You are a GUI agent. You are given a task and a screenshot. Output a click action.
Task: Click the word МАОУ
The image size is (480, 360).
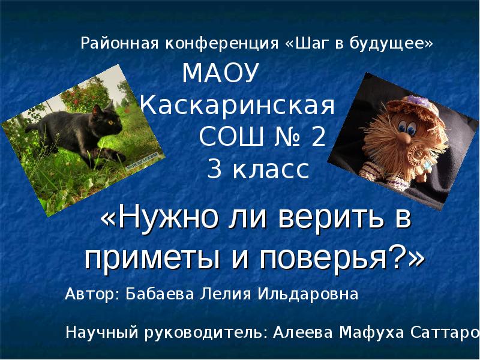pyautogui.click(x=220, y=74)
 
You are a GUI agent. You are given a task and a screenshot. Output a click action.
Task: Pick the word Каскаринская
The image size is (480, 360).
pyautogui.click(x=237, y=107)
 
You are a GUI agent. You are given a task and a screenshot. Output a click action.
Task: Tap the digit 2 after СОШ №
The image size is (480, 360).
pyautogui.click(x=318, y=137)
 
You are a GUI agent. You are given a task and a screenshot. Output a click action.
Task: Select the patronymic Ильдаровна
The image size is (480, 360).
pyautogui.click(x=308, y=295)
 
